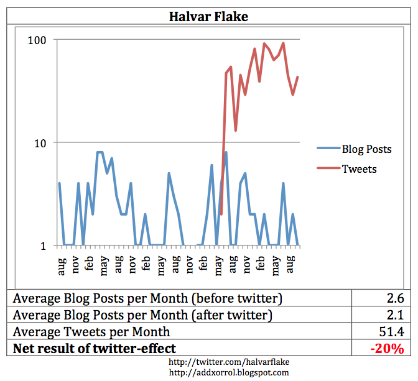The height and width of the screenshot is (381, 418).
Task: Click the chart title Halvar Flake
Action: (208, 16)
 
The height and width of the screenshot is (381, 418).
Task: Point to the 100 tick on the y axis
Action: (39, 39)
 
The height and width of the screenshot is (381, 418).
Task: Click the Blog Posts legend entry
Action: (366, 149)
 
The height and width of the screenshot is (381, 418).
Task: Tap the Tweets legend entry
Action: (359, 168)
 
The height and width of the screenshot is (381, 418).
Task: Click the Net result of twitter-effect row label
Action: (95, 348)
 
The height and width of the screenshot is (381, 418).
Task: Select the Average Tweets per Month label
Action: (91, 331)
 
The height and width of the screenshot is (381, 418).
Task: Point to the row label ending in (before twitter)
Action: (147, 298)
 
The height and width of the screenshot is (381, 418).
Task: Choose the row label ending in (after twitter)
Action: (143, 314)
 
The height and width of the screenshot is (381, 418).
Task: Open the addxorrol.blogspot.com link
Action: (230, 372)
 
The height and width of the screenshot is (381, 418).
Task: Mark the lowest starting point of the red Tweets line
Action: (221, 214)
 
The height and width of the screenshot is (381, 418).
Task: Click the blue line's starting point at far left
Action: (59, 183)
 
